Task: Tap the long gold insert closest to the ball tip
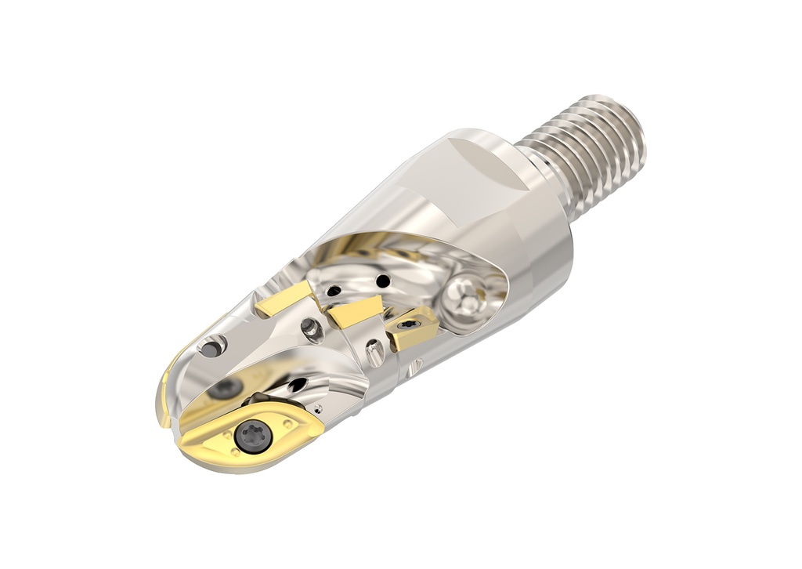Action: click(284, 300)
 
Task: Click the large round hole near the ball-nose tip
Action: click(212, 346)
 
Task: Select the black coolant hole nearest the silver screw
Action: click(383, 281)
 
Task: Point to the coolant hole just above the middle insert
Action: click(334, 291)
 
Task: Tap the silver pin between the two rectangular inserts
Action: click(312, 330)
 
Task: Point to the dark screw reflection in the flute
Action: click(227, 387)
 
